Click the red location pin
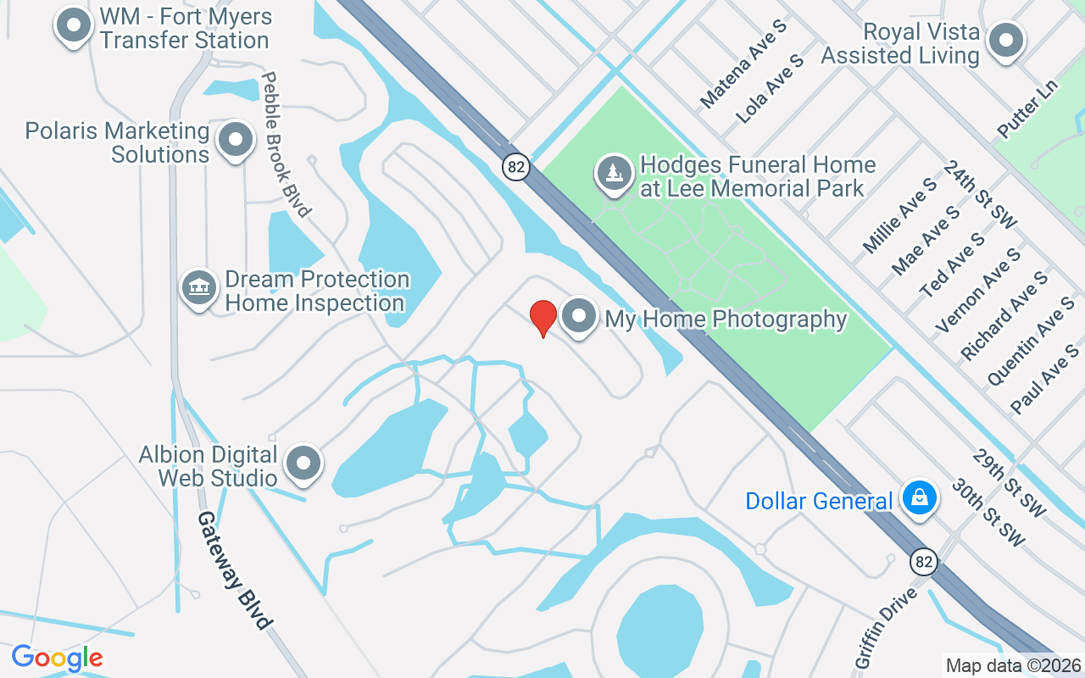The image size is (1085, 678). click(x=543, y=318)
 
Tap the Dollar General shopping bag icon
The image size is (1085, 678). click(x=919, y=497)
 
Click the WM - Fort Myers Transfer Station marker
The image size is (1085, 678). click(x=74, y=25)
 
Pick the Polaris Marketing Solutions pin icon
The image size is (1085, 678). click(x=236, y=140)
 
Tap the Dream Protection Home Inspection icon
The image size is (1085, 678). click(x=199, y=287)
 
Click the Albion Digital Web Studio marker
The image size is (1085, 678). click(x=303, y=463)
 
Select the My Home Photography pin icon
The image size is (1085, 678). click(x=580, y=317)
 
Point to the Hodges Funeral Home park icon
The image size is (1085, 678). click(x=614, y=173)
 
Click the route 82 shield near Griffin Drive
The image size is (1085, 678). click(x=925, y=561)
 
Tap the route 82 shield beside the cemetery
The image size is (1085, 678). click(x=515, y=166)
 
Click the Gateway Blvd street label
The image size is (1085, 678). click(x=236, y=570)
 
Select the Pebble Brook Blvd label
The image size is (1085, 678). click(x=285, y=144)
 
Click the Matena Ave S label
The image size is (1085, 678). click(x=743, y=64)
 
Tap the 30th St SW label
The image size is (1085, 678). click(x=988, y=512)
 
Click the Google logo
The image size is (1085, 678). click(x=57, y=658)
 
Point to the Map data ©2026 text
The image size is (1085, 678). click(x=1014, y=665)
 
